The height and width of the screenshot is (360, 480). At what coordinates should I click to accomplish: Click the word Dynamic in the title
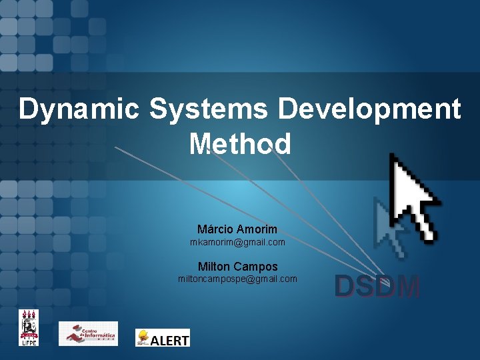tap(81, 109)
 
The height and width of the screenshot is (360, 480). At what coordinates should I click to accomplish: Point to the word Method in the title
tap(240, 143)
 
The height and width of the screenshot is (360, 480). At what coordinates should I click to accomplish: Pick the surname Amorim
tap(257, 229)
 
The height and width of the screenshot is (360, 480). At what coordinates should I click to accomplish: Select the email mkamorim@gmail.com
tap(237, 242)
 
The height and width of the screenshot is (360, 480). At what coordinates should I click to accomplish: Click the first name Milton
tap(214, 266)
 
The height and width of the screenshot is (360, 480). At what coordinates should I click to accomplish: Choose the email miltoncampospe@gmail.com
tap(237, 279)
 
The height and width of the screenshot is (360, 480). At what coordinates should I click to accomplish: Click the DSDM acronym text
tap(377, 287)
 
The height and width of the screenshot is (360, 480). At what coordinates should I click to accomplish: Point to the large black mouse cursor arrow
tap(413, 196)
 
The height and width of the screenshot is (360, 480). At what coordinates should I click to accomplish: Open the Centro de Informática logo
tap(88, 333)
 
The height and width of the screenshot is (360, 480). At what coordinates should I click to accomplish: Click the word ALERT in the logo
tap(170, 340)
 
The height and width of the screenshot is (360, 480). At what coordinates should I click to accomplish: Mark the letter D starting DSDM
tap(344, 287)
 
